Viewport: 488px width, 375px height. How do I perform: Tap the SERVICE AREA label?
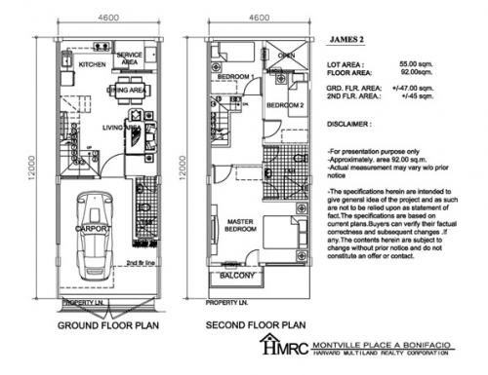pos(130,59)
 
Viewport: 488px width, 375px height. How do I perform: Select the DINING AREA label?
pos(127,90)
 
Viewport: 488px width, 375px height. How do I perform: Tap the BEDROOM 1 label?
pos(234,76)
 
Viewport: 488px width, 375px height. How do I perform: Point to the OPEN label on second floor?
pos(286,56)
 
